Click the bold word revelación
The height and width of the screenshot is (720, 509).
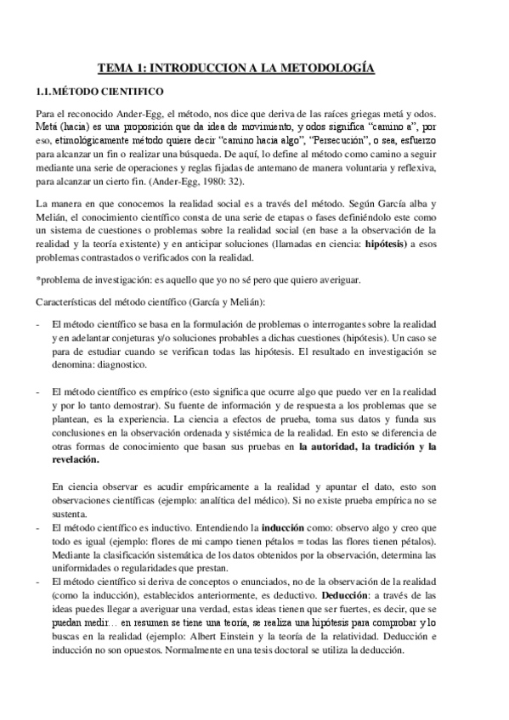(75, 459)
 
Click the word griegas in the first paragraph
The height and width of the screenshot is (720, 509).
(362, 114)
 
